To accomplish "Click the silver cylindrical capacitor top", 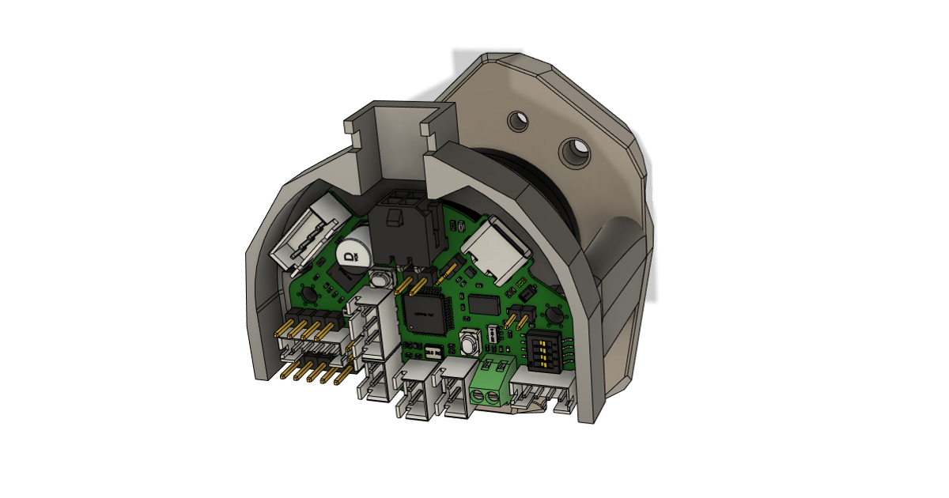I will tap(351, 252).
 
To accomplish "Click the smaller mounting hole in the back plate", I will tap(519, 121).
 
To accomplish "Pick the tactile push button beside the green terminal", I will tap(470, 343).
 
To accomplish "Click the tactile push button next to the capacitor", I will tap(381, 279).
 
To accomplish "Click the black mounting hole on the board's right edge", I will tap(554, 315).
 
